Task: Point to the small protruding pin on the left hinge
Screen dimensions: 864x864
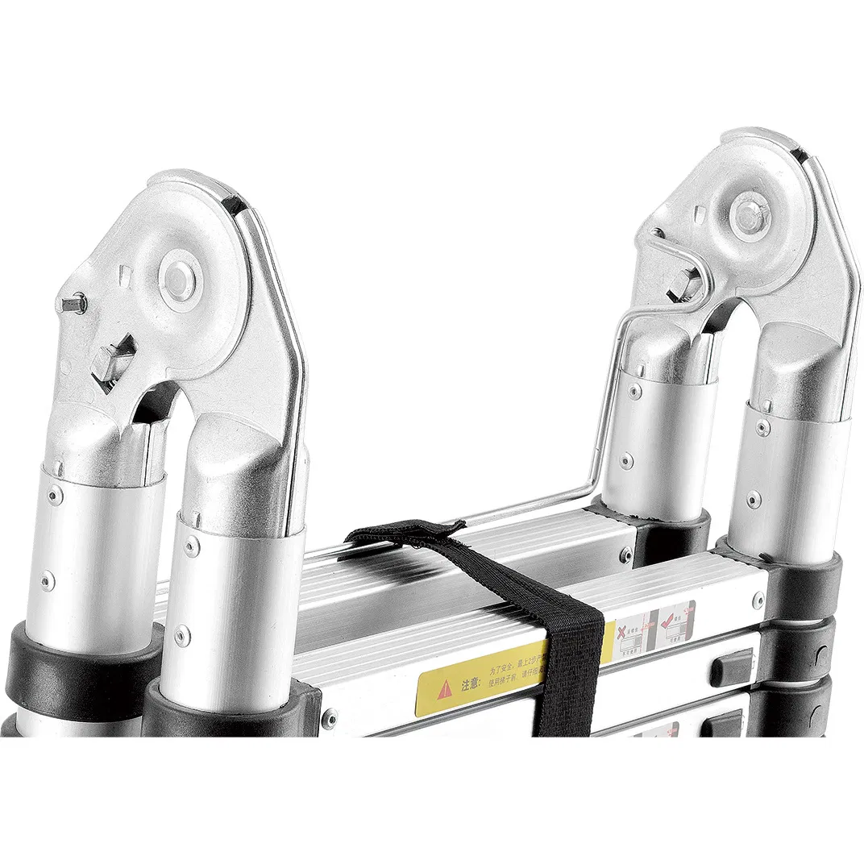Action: [x=75, y=304]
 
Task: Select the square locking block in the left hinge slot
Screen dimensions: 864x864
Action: [x=112, y=363]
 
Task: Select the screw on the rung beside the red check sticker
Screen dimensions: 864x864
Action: [x=758, y=600]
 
